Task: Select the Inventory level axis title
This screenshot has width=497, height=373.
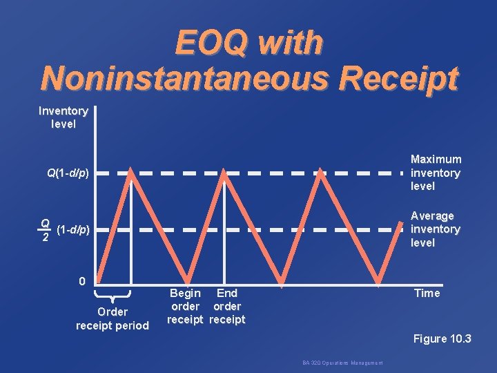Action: [x=63, y=117]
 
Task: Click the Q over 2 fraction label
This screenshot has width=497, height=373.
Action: [x=44, y=229]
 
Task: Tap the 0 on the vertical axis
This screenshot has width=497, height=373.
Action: [x=82, y=281]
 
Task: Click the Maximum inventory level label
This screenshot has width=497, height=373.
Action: [x=436, y=173]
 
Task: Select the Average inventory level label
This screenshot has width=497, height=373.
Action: [x=435, y=229]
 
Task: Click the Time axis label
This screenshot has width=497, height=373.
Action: [x=427, y=293]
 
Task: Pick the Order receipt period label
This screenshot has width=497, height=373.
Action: [x=113, y=318]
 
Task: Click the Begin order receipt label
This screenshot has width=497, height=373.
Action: [x=186, y=306]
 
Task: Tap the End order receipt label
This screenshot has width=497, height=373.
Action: [x=227, y=306]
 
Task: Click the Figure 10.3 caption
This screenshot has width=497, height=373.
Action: [x=442, y=338]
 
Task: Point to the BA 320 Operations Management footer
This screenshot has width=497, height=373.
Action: [x=342, y=363]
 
